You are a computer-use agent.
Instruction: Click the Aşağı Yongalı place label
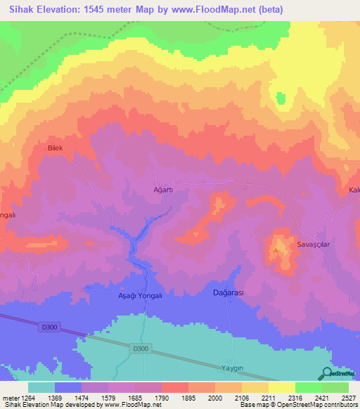[139, 296]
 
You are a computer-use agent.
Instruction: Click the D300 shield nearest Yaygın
[141, 349]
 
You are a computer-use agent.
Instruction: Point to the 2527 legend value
[348, 398]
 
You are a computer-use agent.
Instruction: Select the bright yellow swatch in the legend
[281, 387]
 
